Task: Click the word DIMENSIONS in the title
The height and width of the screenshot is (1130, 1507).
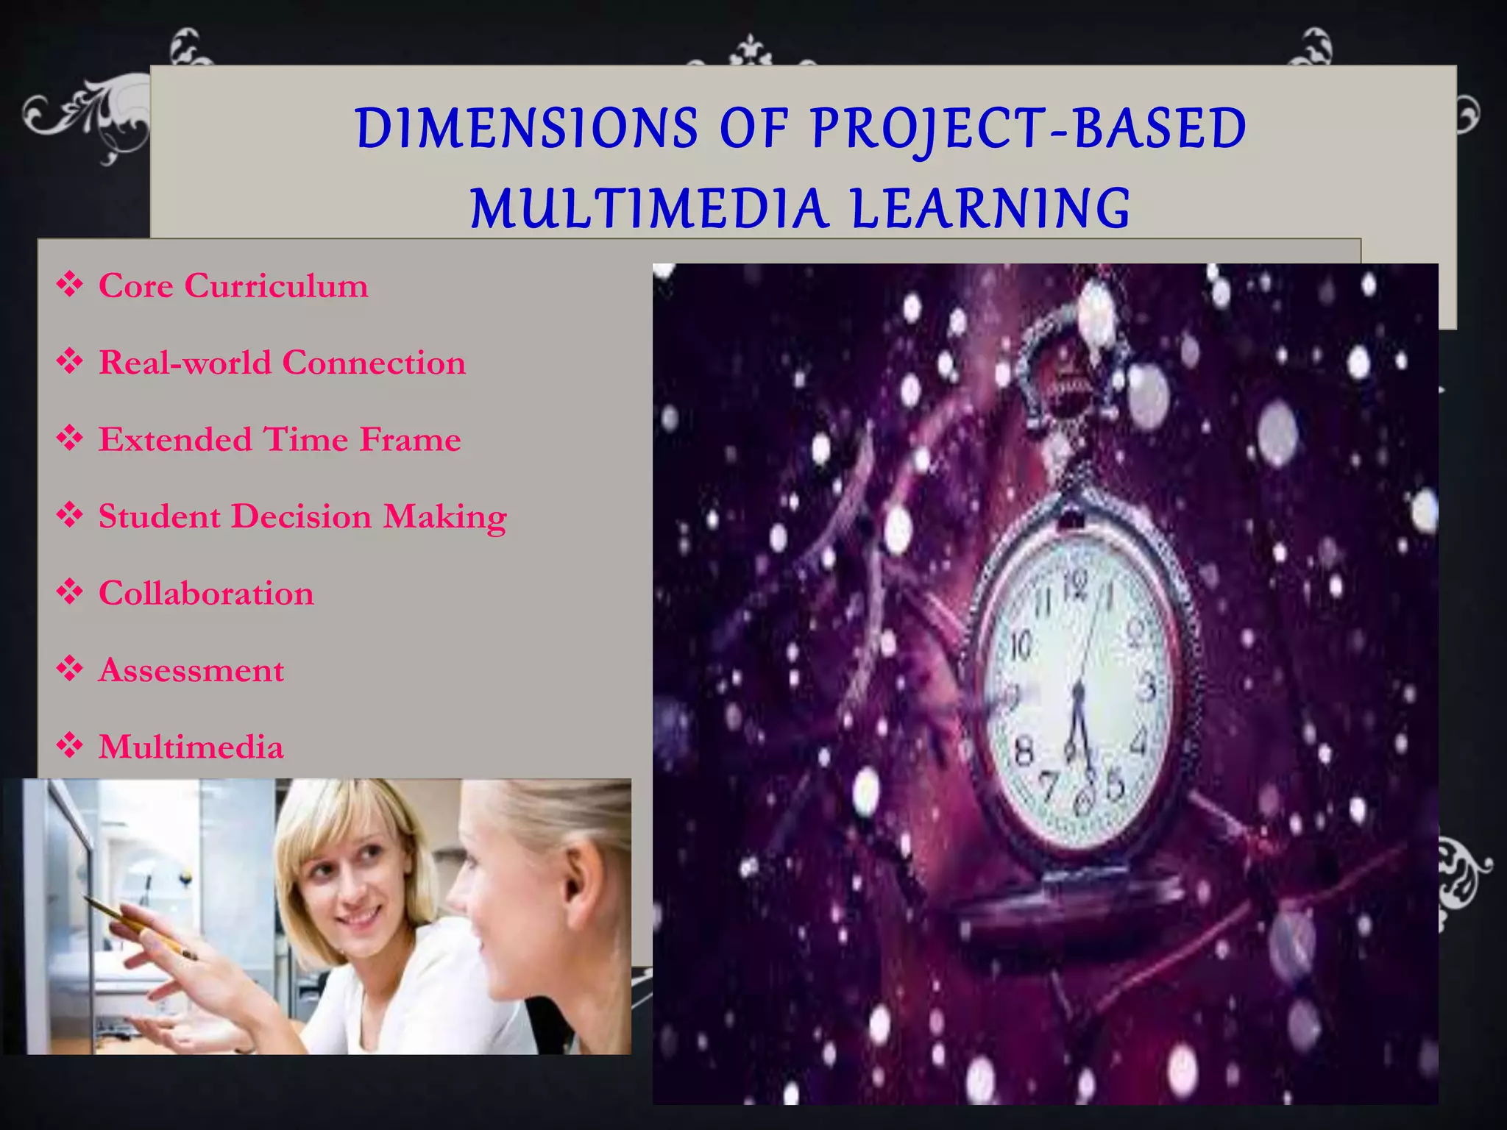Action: (x=526, y=129)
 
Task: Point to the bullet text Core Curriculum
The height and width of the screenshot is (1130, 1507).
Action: (x=233, y=285)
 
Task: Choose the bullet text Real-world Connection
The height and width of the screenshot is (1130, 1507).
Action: (x=282, y=363)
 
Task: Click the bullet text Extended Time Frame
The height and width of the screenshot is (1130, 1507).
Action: (x=280, y=439)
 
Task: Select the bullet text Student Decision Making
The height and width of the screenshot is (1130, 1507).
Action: (x=302, y=516)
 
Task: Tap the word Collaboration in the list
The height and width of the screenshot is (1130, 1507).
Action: (x=206, y=593)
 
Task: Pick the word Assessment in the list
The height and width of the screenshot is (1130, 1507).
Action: (x=191, y=670)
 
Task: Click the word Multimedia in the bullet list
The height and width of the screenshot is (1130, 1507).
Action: (x=191, y=747)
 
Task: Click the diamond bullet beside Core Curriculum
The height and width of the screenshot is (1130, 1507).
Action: (x=70, y=284)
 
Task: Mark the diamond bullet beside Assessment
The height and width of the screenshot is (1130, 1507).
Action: (x=70, y=669)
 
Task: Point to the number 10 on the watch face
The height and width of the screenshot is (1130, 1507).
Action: (x=1021, y=646)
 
